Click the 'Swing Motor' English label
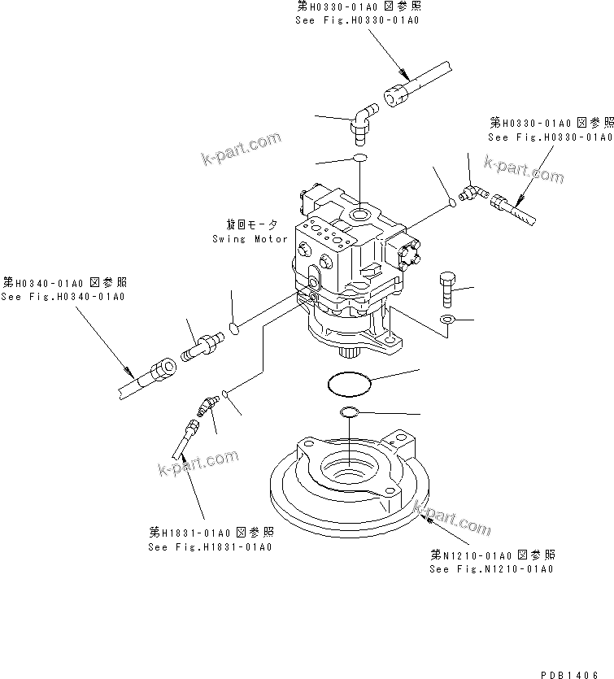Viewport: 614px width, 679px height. tap(250, 239)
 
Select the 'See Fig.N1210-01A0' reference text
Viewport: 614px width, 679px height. tap(491, 568)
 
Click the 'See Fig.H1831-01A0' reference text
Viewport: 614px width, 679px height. tap(210, 546)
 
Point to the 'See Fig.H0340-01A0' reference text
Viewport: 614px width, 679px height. tap(63, 296)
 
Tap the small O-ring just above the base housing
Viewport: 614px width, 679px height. tap(349, 412)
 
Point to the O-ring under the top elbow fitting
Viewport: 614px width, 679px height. tap(361, 159)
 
